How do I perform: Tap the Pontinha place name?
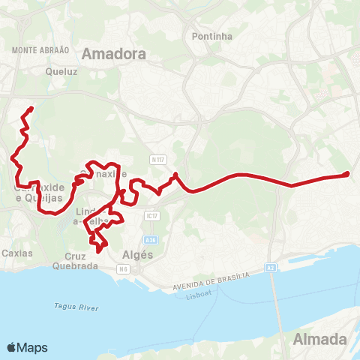[212, 36]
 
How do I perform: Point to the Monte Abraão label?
[41, 49]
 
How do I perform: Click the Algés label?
[137, 254]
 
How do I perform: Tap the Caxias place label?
[17, 253]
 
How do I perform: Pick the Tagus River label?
[72, 305]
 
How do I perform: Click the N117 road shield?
[157, 160]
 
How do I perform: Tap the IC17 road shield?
[152, 216]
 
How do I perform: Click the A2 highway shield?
[271, 266]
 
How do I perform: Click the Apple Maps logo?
[27, 347]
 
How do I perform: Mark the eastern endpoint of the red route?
[346, 175]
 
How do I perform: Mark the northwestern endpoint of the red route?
[31, 109]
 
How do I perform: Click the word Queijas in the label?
[43, 199]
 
